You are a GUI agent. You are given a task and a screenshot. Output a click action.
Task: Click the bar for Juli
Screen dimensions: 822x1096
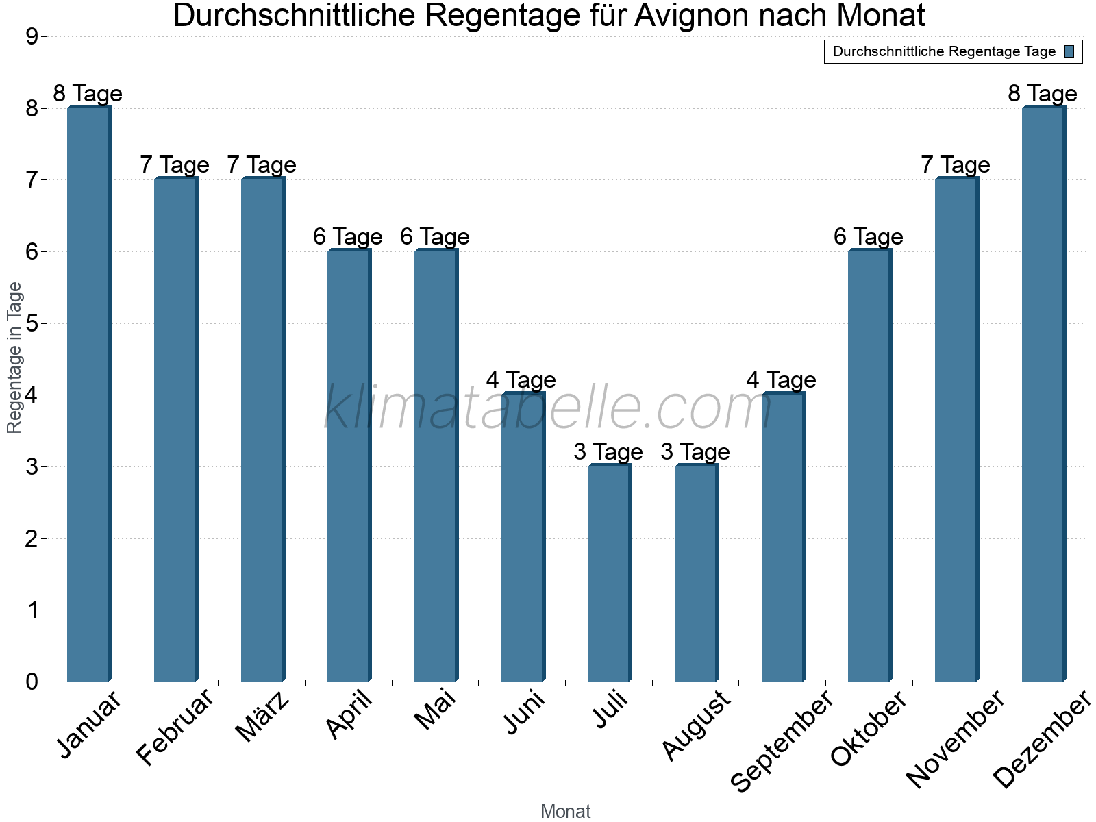pos(609,573)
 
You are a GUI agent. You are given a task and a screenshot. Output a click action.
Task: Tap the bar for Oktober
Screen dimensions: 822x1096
pos(869,466)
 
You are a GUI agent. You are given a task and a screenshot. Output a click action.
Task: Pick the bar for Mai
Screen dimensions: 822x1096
pos(436,466)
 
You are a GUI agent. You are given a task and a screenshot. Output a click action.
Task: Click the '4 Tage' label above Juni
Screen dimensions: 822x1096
pos(521,379)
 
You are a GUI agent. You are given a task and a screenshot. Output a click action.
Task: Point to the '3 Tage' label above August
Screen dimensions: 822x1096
pos(695,451)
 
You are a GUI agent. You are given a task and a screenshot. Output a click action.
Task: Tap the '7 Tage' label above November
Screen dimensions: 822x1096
pos(956,164)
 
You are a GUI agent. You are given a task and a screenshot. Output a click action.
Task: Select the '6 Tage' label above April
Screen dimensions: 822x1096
pos(348,236)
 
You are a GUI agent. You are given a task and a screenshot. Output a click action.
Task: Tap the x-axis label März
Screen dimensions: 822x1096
pos(263,717)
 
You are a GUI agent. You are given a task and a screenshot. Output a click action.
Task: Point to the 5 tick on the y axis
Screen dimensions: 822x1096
pos(32,323)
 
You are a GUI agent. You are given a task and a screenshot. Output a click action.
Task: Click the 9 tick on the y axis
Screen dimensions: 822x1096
pos(32,36)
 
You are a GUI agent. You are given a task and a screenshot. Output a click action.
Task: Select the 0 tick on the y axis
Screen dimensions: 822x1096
pos(32,682)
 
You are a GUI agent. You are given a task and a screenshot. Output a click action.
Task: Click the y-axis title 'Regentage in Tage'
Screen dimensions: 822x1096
pos(14,358)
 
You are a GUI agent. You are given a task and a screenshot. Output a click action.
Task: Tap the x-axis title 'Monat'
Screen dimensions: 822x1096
pos(565,811)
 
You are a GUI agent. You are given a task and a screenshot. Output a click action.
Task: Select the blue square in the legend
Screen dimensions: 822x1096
pos(1069,51)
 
